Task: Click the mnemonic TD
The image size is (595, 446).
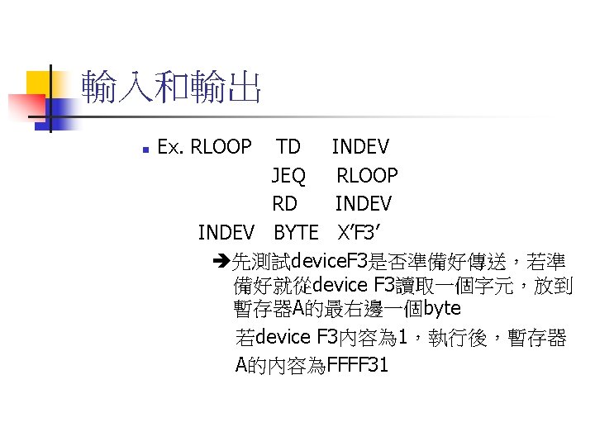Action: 288,147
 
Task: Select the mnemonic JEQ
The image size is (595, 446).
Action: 288,175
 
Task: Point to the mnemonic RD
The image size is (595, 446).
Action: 285,203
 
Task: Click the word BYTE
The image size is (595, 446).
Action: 296,231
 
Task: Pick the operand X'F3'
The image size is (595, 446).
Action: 358,231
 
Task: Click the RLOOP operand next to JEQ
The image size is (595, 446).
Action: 367,175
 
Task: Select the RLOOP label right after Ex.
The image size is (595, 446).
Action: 221,147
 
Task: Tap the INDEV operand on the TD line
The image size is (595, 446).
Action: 360,147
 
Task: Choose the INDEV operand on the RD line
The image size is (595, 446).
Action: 363,203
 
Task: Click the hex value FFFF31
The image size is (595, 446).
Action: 357,364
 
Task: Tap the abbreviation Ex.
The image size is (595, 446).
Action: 170,147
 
